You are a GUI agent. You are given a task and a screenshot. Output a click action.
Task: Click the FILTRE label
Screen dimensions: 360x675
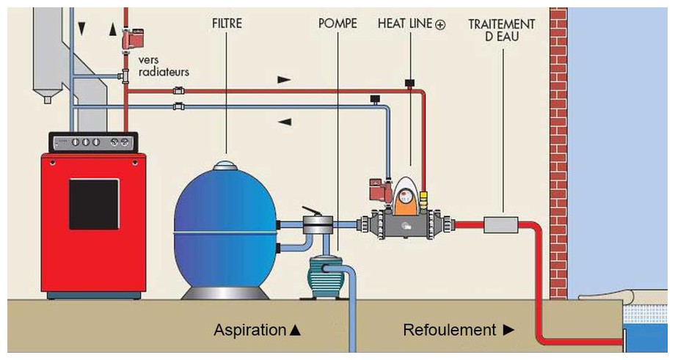(226, 24)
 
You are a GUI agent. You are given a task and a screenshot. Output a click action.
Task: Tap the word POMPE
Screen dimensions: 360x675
(337, 24)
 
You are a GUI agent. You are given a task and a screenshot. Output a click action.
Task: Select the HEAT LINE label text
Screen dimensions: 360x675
(405, 24)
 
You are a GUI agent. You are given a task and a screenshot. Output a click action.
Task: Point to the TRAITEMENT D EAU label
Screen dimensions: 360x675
(502, 29)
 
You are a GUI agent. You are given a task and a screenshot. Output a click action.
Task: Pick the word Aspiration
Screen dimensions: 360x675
(249, 330)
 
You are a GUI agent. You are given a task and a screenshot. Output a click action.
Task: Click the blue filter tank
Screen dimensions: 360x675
(225, 227)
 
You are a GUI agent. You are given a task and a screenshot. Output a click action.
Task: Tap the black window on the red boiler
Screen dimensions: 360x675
(94, 204)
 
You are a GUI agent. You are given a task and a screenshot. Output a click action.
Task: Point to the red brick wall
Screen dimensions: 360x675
(558, 147)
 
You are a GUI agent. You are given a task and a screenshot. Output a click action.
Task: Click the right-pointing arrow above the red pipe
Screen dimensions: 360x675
(284, 78)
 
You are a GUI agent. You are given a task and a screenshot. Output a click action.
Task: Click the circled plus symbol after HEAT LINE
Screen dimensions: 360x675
(440, 24)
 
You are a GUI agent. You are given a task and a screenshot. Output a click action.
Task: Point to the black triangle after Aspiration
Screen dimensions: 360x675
(296, 331)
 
